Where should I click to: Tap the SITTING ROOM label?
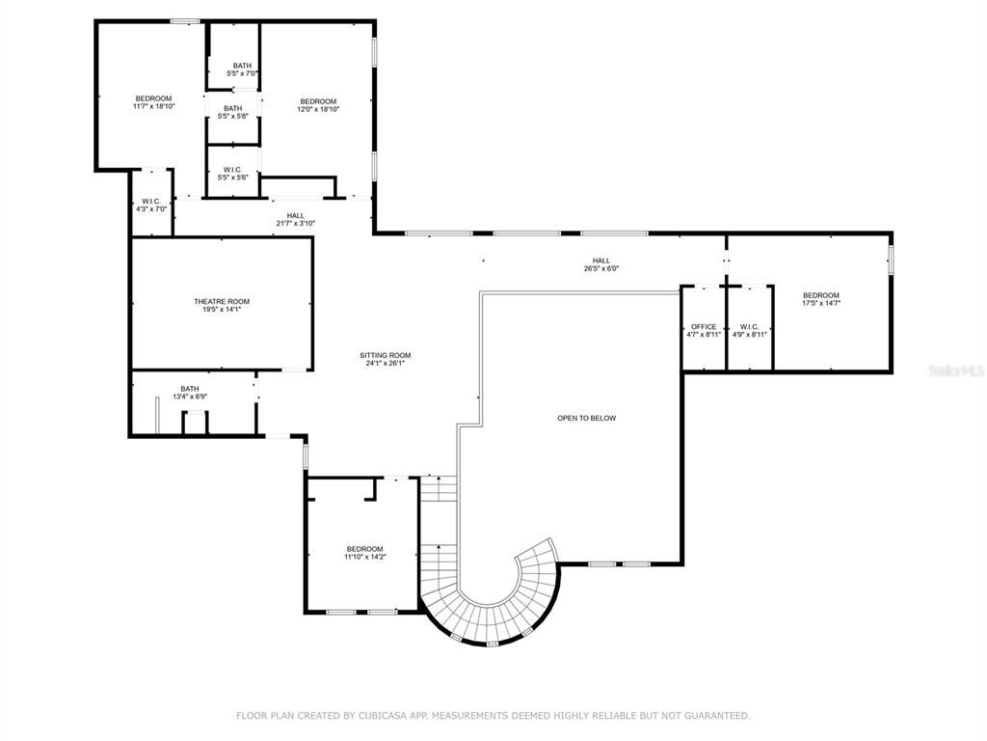pyautogui.click(x=386, y=355)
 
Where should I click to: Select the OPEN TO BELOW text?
pyautogui.click(x=586, y=418)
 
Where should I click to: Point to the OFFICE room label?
pyautogui.click(x=704, y=326)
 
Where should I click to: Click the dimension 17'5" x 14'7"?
pyautogui.click(x=821, y=304)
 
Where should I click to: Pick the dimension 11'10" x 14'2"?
pyautogui.click(x=364, y=557)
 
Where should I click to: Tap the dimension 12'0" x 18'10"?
pyautogui.click(x=318, y=110)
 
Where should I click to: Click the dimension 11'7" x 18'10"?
pyautogui.click(x=153, y=106)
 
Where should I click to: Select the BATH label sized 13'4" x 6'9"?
pyautogui.click(x=189, y=389)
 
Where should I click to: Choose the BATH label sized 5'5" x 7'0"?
pyautogui.click(x=242, y=66)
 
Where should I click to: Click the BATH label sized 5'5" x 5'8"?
pyautogui.click(x=233, y=108)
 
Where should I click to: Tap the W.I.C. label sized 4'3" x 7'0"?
pyautogui.click(x=151, y=201)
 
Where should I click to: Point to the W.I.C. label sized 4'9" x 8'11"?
pyautogui.click(x=749, y=326)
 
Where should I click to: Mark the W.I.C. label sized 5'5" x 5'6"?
pyautogui.click(x=232, y=169)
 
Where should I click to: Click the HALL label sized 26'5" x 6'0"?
pyautogui.click(x=601, y=261)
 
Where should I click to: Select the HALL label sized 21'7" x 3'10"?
pyautogui.click(x=295, y=215)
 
